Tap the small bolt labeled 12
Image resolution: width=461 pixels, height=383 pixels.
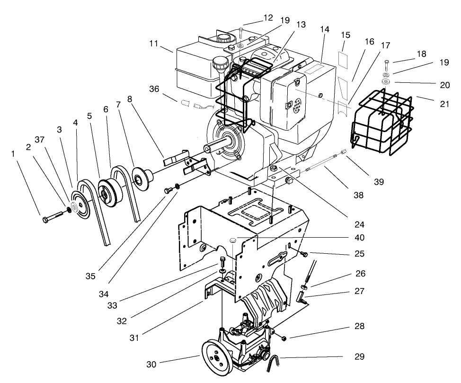coord(241,33)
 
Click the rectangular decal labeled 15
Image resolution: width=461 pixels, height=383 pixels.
coord(344,58)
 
